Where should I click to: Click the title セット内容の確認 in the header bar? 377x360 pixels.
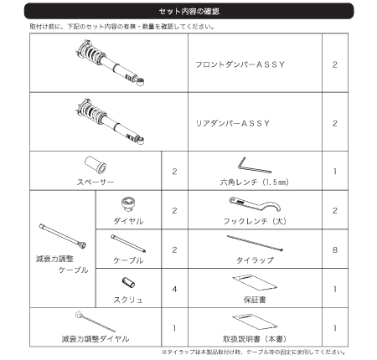pos(188,11)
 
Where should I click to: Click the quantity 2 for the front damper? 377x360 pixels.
pos(334,64)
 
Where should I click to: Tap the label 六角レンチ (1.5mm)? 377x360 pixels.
pos(247,181)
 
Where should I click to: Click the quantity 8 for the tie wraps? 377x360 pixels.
pos(334,249)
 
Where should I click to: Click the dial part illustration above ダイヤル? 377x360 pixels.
pos(128,205)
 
